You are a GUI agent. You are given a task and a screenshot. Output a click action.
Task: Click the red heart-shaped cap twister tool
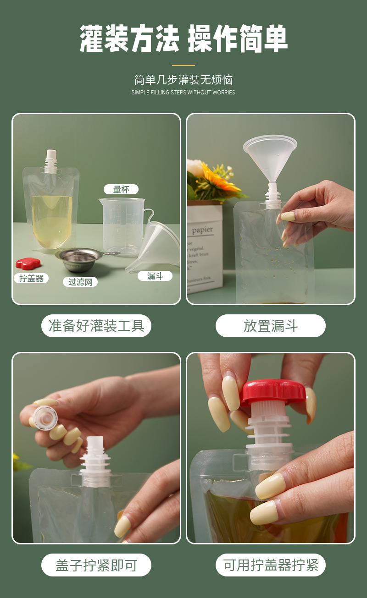pyautogui.click(x=28, y=263)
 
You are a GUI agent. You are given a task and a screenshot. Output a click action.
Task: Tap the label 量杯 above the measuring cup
pyautogui.click(x=121, y=189)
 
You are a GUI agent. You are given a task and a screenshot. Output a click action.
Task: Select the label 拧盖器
pyautogui.click(x=31, y=278)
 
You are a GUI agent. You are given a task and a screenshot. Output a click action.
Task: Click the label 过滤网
pyautogui.click(x=80, y=282)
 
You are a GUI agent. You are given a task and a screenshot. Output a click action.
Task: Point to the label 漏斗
pyautogui.click(x=155, y=276)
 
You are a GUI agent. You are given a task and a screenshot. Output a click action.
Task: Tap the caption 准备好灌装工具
pyautogui.click(x=96, y=326)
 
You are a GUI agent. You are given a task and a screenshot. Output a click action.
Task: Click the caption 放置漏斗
pyautogui.click(x=270, y=326)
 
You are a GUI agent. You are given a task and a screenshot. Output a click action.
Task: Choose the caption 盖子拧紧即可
pyautogui.click(x=96, y=565)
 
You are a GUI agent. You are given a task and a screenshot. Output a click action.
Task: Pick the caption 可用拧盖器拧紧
pyautogui.click(x=270, y=565)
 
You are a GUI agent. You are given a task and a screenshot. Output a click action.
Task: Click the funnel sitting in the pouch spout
pyautogui.click(x=270, y=156)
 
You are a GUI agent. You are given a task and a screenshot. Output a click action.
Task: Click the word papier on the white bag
pyautogui.click(x=202, y=230)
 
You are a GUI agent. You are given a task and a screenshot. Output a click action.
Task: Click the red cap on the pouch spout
pyautogui.click(x=273, y=392)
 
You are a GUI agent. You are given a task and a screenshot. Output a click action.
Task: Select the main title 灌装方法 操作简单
pyautogui.click(x=183, y=39)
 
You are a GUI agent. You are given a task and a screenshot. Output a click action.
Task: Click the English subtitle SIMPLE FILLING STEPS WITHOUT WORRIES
pyautogui.click(x=183, y=93)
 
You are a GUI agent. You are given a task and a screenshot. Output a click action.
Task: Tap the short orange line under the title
pyautogui.click(x=183, y=66)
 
